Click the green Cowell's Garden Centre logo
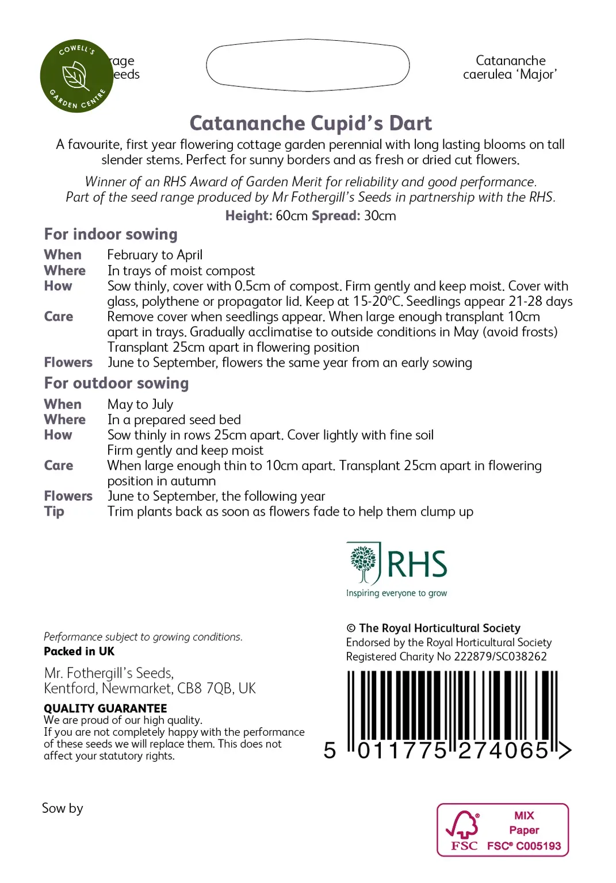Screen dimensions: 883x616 pos(76,76)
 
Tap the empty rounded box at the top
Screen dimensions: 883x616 pos(308,65)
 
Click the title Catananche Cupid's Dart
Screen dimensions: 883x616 pos(311,123)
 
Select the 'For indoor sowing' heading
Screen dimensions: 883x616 pos(110,235)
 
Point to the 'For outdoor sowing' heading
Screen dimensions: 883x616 pos(116,383)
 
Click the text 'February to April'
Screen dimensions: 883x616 pos(155,255)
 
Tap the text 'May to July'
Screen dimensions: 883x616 pos(140,404)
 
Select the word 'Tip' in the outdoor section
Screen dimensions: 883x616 pos(54,512)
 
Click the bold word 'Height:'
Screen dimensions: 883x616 pos(248,216)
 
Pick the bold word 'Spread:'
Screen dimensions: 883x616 pos(336,216)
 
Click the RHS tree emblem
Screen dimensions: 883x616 pos(363,563)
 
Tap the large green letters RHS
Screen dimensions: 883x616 pos(417,564)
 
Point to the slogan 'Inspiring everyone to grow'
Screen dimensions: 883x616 pos(396,593)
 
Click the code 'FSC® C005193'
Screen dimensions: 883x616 pos(524,846)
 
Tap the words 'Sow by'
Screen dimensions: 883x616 pos(62,808)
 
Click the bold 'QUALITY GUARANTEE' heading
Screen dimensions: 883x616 pos(105,708)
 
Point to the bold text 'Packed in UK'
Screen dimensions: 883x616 pos(79,651)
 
